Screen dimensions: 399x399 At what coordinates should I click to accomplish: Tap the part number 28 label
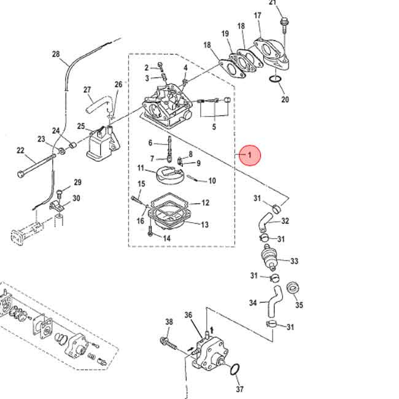tap(56, 55)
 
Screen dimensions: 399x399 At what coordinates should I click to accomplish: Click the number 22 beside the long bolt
tap(20, 150)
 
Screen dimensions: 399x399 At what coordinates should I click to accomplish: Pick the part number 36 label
tap(188, 316)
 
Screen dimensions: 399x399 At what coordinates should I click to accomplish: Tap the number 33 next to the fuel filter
tap(294, 261)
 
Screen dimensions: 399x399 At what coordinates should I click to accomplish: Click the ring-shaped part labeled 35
tap(293, 287)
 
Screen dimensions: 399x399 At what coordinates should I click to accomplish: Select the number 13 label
tap(204, 225)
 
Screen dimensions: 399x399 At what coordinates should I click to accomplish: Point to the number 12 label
tap(205, 203)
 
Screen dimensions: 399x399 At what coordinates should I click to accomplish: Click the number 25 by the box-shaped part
tap(81, 126)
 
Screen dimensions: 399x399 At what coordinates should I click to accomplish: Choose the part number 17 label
tap(258, 15)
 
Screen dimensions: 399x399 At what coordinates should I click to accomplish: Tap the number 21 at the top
tap(273, 3)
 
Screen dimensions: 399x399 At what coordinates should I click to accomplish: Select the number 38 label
tap(169, 322)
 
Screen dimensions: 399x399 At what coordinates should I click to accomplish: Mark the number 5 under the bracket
tap(214, 127)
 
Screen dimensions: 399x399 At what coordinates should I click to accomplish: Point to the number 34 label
tap(253, 303)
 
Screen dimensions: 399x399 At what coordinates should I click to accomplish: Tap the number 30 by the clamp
tap(76, 198)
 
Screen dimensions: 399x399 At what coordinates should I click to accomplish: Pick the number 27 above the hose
tap(87, 90)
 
